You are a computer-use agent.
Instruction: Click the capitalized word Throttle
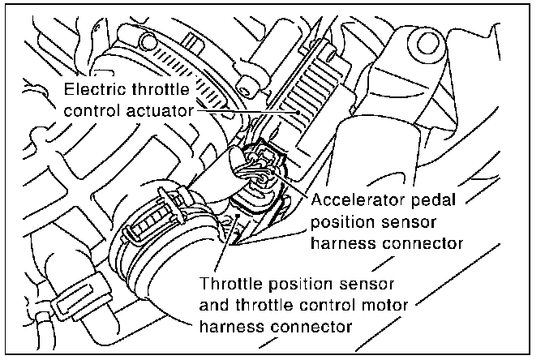point(230,285)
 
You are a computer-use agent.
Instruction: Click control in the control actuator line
point(92,109)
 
